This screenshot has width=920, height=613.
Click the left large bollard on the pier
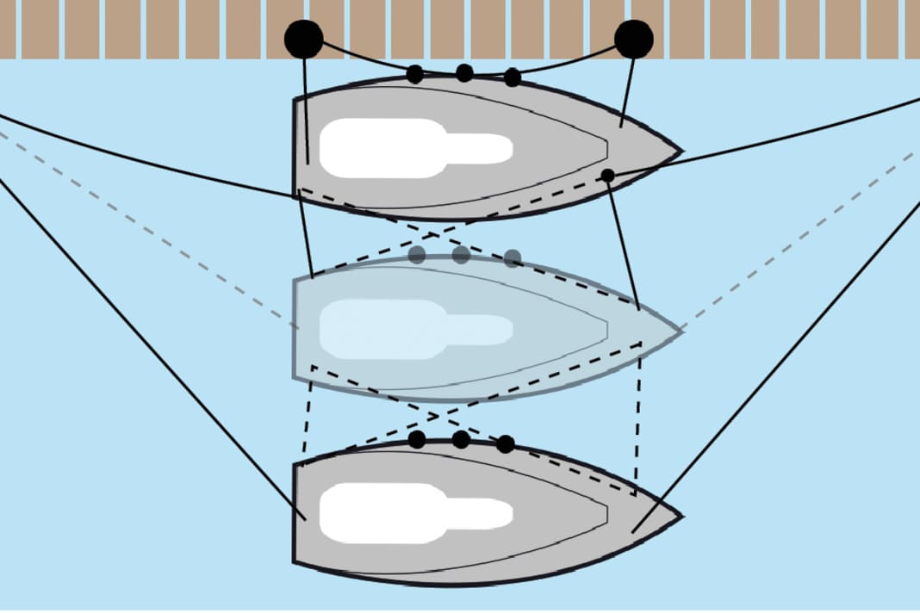click(303, 39)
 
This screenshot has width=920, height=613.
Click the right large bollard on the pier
click(634, 39)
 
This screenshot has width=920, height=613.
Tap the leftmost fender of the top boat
click(414, 74)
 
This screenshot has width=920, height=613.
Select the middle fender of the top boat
click(464, 72)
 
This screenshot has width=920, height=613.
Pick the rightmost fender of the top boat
click(513, 77)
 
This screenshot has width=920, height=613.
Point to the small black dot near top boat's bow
click(608, 176)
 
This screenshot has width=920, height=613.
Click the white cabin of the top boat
click(405, 148)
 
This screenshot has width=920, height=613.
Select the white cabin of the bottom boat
click(405, 513)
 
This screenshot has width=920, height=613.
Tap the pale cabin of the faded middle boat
click(405, 330)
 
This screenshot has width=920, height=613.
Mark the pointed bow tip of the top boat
click(681, 151)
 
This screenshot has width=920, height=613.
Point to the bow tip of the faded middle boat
click(681, 331)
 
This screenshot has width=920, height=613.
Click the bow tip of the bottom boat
click(681, 517)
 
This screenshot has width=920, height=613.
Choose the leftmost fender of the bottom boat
click(417, 440)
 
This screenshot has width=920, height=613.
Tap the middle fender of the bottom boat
click(461, 440)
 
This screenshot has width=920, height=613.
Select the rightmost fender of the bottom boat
click(506, 444)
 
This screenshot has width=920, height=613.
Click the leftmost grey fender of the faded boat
click(417, 254)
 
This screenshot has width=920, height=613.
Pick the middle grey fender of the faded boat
click(461, 254)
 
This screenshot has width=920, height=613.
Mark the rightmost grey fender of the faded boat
click(513, 258)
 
